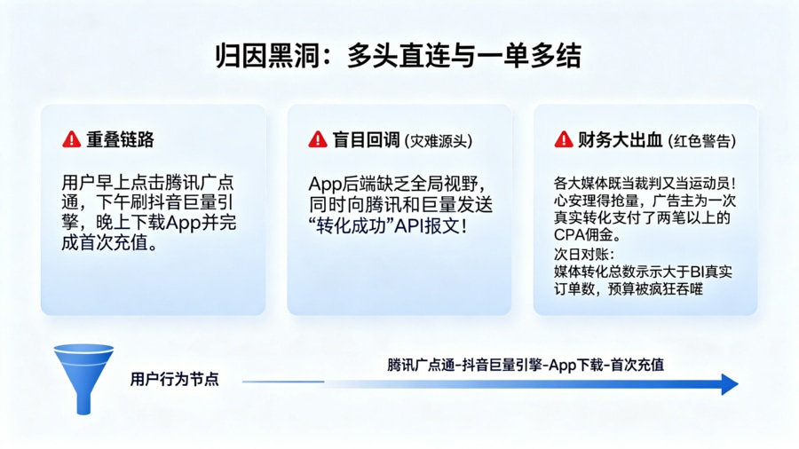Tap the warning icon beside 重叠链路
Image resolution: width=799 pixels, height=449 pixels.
coord(71,140)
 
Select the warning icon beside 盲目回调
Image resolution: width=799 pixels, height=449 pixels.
coord(318,140)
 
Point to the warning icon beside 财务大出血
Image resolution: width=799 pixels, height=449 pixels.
coord(563,140)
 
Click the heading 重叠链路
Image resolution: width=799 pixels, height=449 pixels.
coord(121,140)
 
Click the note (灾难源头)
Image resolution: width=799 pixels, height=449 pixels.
coord(438,141)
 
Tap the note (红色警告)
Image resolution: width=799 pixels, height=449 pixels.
coord(703,141)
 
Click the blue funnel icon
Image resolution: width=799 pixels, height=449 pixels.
coord(83,377)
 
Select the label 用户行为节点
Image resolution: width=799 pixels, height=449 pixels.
coord(174,380)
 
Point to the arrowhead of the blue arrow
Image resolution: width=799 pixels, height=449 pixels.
coord(730,384)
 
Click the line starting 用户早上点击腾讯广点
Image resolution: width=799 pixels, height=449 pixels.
coord(147,183)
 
